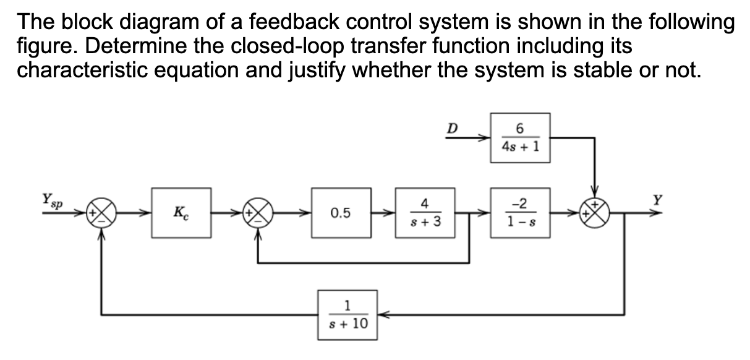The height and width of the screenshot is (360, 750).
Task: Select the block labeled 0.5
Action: point(341,213)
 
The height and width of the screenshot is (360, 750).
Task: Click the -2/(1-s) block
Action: point(519,213)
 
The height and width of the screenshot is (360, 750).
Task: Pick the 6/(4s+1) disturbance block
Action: point(519,137)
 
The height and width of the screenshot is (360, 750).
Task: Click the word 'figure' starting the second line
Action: point(45,46)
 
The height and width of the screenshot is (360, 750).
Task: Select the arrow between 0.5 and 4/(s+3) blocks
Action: point(381,213)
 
